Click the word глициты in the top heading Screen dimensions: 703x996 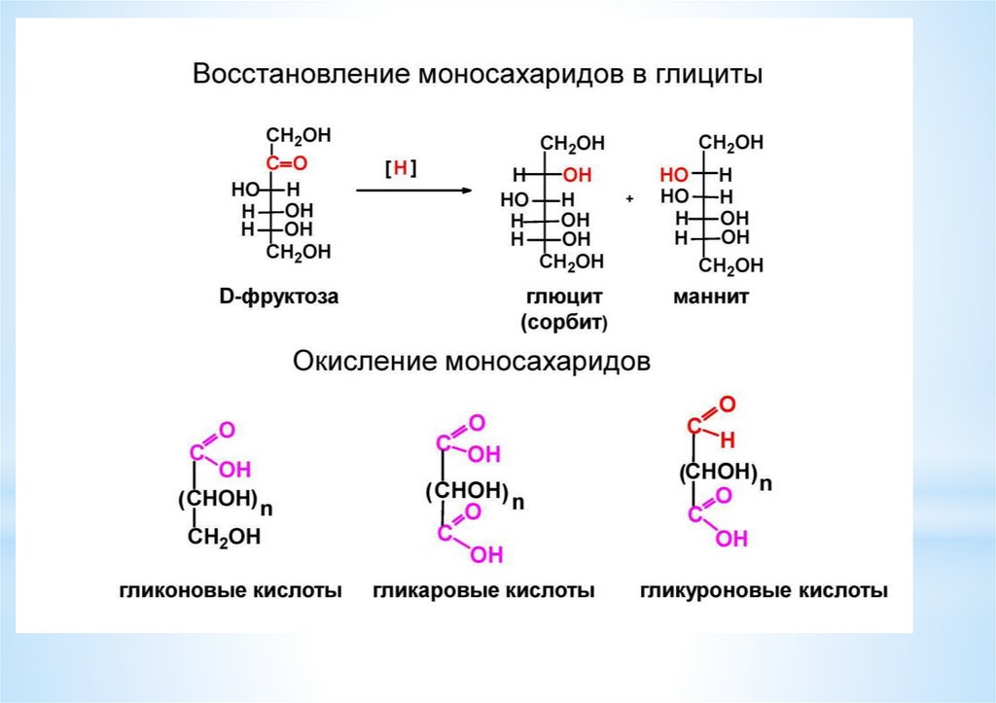tap(702, 75)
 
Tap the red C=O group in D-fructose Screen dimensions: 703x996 tap(287, 162)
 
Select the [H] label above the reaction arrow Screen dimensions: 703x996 tap(400, 168)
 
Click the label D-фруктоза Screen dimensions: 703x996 tap(278, 297)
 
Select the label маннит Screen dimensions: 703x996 tap(711, 298)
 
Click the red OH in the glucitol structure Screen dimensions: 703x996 tap(577, 176)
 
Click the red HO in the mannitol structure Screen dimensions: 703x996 tap(674, 175)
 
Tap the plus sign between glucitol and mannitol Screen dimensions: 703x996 tap(629, 198)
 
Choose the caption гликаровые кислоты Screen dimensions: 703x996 tap(483, 590)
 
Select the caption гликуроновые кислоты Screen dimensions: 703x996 tap(764, 590)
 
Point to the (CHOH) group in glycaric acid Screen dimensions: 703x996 tap(467, 491)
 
